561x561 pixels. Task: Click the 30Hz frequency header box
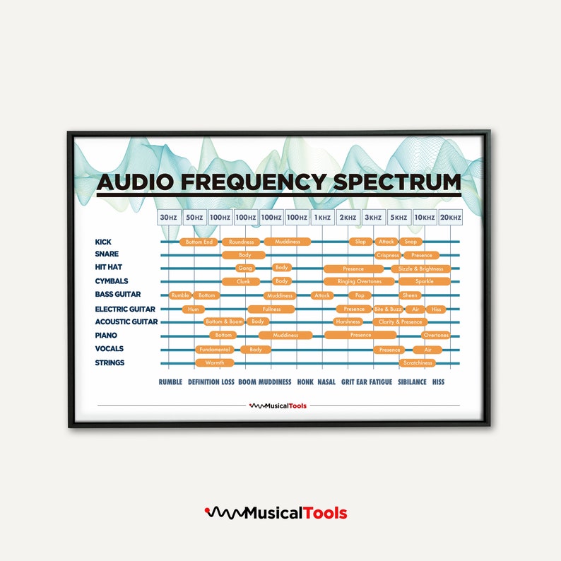click(x=168, y=218)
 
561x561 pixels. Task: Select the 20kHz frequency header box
click(x=450, y=218)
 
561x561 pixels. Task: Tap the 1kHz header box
click(x=322, y=218)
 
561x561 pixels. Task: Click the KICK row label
click(x=103, y=242)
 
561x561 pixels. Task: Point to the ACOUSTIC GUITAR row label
click(x=126, y=322)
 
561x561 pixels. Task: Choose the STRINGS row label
click(x=110, y=362)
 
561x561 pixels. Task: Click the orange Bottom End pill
click(x=199, y=242)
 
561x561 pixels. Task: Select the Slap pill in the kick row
click(x=360, y=242)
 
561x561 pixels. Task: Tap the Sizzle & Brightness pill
click(x=421, y=268)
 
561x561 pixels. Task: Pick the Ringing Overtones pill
click(x=359, y=281)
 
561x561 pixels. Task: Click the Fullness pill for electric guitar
click(x=271, y=309)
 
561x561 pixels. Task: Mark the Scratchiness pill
click(x=417, y=362)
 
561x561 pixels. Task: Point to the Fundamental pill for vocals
click(x=214, y=349)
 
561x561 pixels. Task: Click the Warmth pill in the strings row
click(x=214, y=362)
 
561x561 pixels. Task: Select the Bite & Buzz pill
click(x=387, y=309)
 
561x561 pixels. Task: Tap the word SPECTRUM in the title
click(x=396, y=182)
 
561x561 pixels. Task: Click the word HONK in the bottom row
click(x=305, y=382)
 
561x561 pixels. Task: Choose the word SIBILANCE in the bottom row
click(x=412, y=382)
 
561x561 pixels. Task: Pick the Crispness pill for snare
click(x=388, y=255)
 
